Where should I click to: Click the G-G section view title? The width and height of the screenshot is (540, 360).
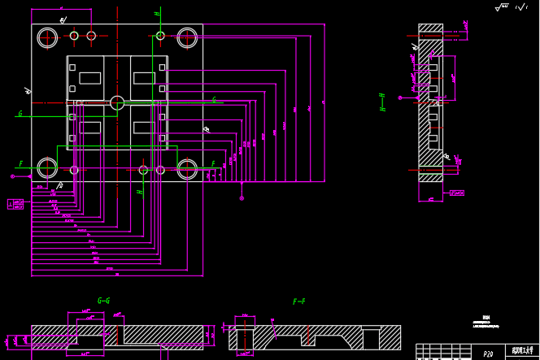[x=103, y=301]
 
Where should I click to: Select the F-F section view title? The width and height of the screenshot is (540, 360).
[x=298, y=301]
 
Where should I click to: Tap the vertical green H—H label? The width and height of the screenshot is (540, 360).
[x=382, y=102]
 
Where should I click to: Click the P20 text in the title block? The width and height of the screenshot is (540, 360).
[x=488, y=354]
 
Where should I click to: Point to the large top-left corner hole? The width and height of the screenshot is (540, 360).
[x=47, y=37]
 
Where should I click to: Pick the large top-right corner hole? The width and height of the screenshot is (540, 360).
[x=187, y=37]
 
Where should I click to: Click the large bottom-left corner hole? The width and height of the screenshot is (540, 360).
[x=47, y=168]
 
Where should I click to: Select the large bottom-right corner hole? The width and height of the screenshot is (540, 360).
[x=187, y=168]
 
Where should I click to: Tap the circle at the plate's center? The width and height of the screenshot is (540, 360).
[x=117, y=103]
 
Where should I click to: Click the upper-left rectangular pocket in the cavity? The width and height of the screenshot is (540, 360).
[x=89, y=78]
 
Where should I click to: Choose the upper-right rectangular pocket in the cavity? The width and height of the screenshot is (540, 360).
[x=144, y=78]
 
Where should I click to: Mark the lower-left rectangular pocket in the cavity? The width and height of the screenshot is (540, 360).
[x=89, y=128]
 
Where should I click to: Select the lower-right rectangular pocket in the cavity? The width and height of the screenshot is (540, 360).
[x=144, y=128]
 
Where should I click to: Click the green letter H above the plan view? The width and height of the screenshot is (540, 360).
[x=157, y=13]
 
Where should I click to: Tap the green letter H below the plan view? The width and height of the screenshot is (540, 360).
[x=139, y=193]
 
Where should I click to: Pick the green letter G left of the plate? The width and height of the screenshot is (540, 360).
[x=20, y=114]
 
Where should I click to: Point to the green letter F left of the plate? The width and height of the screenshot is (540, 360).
[x=20, y=164]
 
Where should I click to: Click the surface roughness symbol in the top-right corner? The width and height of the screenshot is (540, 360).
[x=503, y=7]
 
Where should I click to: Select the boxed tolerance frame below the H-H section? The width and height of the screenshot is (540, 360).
[x=457, y=193]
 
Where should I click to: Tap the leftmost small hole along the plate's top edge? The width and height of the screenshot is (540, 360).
[x=74, y=36]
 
